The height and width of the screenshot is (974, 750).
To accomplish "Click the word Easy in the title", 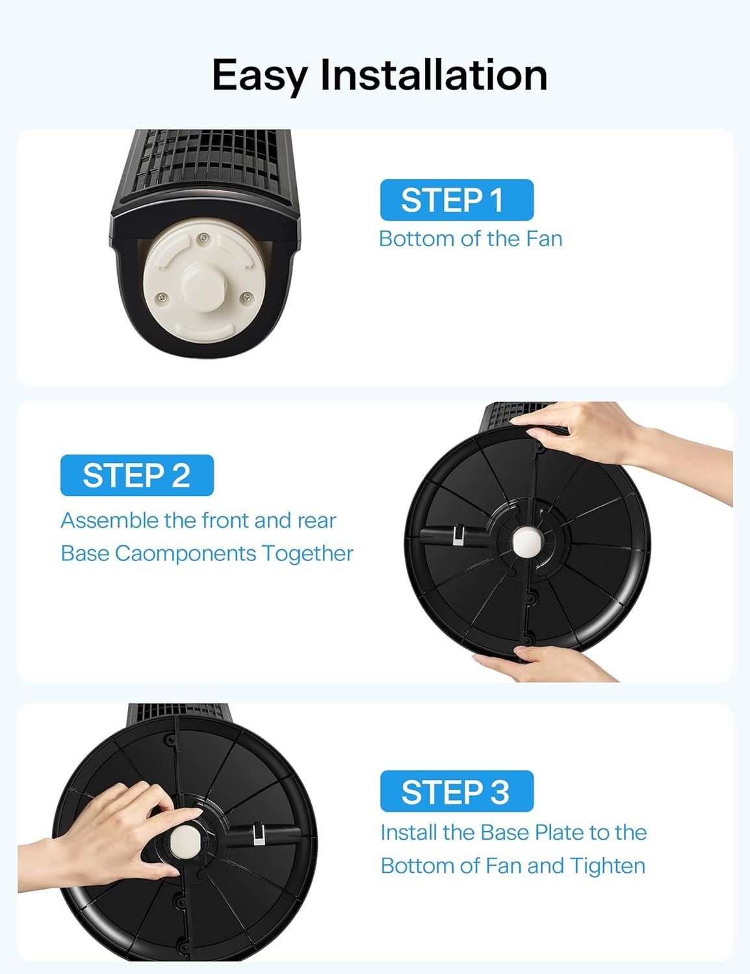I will coord(259,75).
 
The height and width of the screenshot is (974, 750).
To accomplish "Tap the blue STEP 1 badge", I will coord(456,200).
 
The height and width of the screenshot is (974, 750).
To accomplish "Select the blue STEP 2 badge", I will coord(136,475).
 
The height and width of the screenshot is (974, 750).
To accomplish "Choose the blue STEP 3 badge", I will coord(456,792).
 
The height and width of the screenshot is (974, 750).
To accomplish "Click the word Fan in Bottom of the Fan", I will coord(544,239).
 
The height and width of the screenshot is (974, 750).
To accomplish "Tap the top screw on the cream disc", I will coord(204,238).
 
